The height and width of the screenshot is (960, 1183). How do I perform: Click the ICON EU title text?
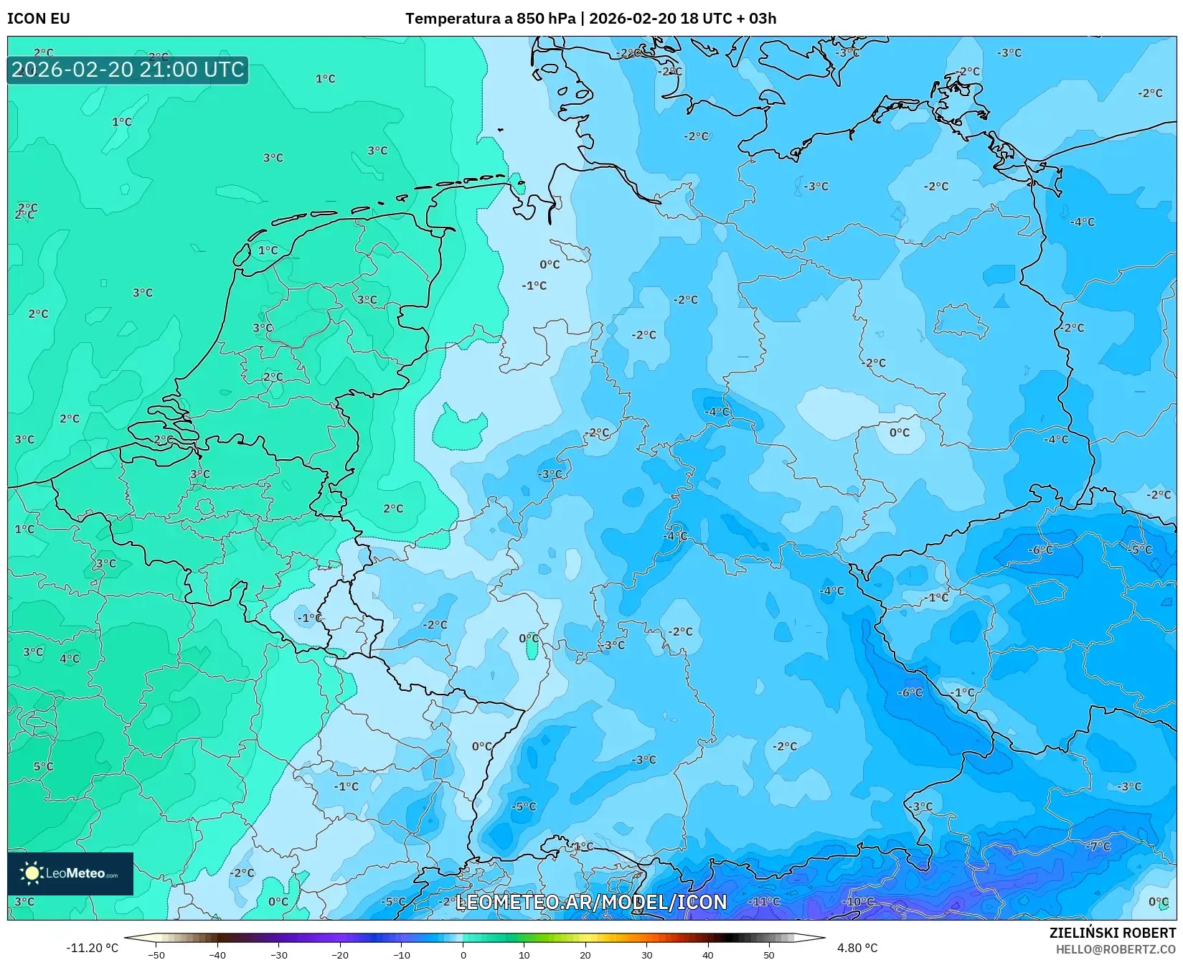[x=39, y=19]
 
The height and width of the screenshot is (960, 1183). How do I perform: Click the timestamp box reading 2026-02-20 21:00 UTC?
[x=128, y=70]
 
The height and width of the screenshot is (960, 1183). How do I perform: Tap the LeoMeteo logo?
[x=70, y=873]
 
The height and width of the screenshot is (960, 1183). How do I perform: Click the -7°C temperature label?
[x=1097, y=847]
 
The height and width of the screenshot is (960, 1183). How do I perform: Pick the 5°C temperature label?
[x=43, y=766]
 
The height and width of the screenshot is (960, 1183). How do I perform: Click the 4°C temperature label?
[x=70, y=659]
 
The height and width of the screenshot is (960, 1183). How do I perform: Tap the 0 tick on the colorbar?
[x=463, y=955]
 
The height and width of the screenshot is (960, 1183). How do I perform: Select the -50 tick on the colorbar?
[x=156, y=955]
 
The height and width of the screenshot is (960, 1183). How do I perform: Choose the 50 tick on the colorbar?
[x=769, y=955]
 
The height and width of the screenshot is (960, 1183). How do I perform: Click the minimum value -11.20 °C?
[x=92, y=948]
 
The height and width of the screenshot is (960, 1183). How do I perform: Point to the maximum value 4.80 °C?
[x=857, y=948]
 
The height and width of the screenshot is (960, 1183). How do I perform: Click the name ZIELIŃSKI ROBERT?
[x=1112, y=933]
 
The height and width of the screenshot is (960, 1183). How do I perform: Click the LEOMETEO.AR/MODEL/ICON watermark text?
[x=591, y=902]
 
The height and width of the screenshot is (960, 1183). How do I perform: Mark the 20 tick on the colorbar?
[x=585, y=955]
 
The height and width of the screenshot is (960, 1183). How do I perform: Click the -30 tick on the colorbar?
[x=278, y=955]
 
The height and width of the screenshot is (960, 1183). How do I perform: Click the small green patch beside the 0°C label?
[x=532, y=650]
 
